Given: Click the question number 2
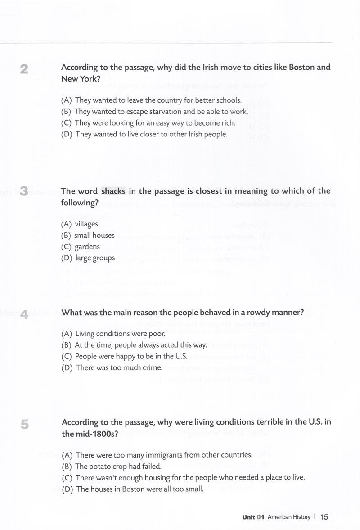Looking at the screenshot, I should pyautogui.click(x=24, y=69).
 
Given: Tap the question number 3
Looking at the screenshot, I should pyautogui.click(x=24, y=192).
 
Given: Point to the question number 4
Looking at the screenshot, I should pyautogui.click(x=25, y=314).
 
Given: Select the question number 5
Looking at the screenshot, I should pyautogui.click(x=25, y=424).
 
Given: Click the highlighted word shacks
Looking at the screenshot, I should pyautogui.click(x=113, y=191).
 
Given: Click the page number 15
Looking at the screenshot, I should pyautogui.click(x=324, y=517).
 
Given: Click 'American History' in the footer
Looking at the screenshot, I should pyautogui.click(x=288, y=517).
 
